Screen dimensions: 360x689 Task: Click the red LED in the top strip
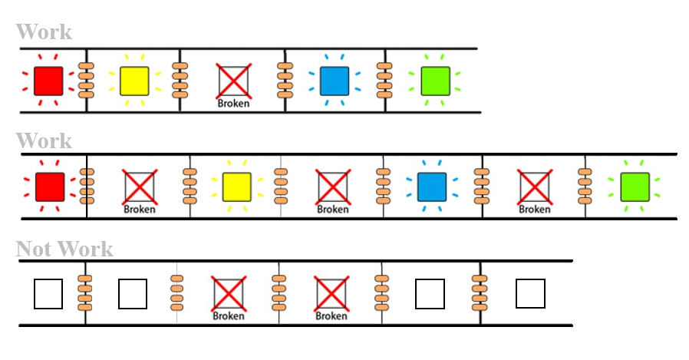pos(48,80)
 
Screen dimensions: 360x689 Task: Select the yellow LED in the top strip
pos(134,80)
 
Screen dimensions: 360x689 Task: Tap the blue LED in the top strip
pos(335,80)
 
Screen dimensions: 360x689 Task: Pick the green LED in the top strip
pos(435,81)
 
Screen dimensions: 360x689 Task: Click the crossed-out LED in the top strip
pos(233,80)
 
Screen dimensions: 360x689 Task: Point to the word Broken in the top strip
pos(233,104)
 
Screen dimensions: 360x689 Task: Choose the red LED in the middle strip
pos(50,187)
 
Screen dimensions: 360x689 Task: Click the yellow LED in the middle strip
pos(237,187)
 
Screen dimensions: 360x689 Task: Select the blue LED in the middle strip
pos(431,187)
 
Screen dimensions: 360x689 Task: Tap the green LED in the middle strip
pos(635,187)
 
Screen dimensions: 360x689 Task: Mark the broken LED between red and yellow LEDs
pos(139,187)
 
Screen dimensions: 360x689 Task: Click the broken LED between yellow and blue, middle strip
pos(332,187)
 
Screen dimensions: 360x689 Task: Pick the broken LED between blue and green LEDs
pos(534,187)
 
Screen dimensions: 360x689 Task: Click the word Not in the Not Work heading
pos(35,249)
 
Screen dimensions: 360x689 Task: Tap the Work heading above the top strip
pos(44,32)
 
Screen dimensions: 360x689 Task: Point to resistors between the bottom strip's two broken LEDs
pos(280,293)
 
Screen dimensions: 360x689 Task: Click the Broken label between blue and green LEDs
pos(534,209)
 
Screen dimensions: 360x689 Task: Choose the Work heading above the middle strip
pos(44,141)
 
